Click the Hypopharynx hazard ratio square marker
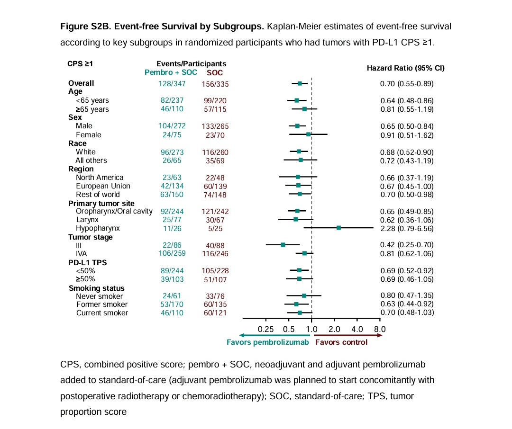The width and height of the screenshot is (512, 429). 338,228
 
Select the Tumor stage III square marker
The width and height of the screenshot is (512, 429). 283,245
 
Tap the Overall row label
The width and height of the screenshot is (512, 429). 81,83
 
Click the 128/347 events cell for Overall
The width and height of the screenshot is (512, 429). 172,83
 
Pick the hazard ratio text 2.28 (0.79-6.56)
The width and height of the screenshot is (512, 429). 407,228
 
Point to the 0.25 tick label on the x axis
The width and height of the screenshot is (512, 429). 265,329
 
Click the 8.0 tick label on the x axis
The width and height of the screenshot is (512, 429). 380,329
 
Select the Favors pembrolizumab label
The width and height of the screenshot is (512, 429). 268,342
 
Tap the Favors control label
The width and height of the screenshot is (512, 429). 341,342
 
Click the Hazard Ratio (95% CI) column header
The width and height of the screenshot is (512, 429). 406,68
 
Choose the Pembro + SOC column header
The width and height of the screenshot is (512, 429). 171,72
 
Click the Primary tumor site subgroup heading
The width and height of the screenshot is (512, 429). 101,204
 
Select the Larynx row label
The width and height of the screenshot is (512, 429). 87,220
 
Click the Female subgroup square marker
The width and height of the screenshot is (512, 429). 308,134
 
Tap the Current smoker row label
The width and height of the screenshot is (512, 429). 102,313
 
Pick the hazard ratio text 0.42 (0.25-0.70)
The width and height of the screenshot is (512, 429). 407,245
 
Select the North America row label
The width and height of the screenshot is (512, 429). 100,178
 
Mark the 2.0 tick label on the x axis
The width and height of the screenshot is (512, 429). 334,329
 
